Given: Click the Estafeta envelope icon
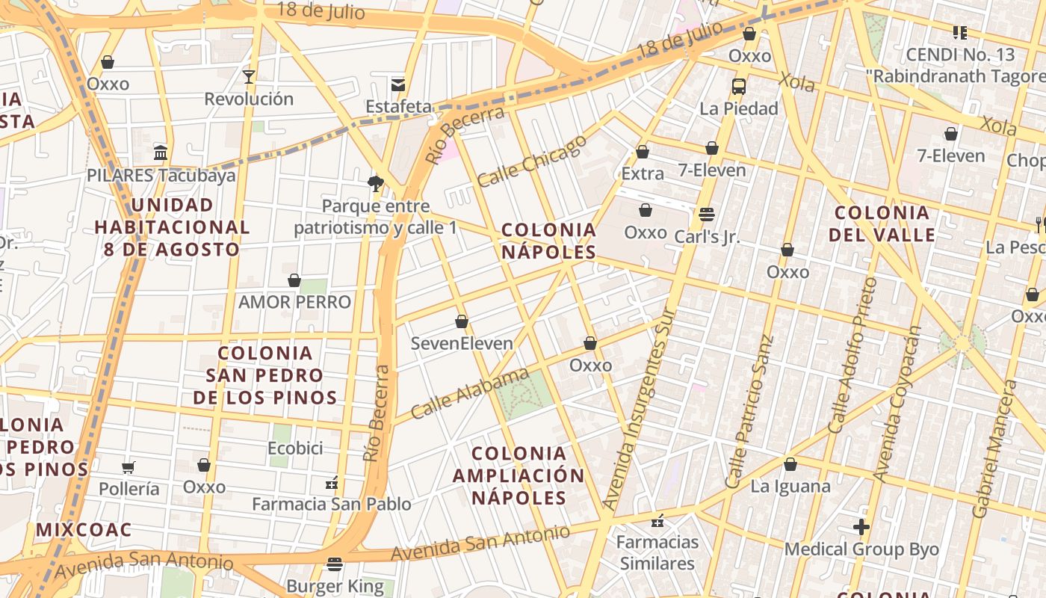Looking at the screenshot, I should click(x=398, y=84).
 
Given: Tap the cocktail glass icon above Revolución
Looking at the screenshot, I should click(x=249, y=76).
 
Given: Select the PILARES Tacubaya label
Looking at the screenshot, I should click(x=161, y=176).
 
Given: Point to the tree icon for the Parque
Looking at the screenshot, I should click(x=376, y=183).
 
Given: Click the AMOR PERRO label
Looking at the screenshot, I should click(x=294, y=302).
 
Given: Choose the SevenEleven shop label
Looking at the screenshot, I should click(x=462, y=344).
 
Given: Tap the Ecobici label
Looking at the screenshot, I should click(x=295, y=449).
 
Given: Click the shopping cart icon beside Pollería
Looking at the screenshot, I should click(x=129, y=467).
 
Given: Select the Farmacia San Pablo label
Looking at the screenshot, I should click(x=331, y=505).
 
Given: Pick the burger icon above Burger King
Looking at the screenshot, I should click(x=335, y=564).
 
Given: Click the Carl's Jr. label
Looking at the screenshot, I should click(x=706, y=237).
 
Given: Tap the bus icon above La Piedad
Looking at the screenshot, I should click(x=739, y=86).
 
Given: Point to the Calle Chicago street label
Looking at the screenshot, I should click(x=531, y=161).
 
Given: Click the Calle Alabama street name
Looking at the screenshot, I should click(x=470, y=393).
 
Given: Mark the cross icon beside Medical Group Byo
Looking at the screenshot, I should click(x=861, y=527).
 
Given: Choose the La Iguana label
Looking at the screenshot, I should click(x=790, y=487).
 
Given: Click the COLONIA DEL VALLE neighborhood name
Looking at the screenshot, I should click(x=882, y=224).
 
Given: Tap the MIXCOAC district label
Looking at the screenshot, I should click(x=84, y=530).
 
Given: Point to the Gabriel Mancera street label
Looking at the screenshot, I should click(x=994, y=449).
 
